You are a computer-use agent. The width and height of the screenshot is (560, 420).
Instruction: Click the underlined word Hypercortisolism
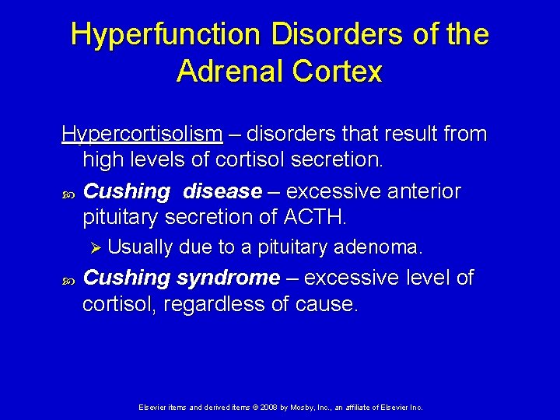(142, 135)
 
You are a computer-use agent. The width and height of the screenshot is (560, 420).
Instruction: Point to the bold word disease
(223, 191)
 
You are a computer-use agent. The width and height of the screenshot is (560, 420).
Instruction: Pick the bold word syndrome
(228, 278)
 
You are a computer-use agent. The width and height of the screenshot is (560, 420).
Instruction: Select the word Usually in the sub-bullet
(141, 248)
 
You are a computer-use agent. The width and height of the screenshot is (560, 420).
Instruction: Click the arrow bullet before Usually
(96, 248)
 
